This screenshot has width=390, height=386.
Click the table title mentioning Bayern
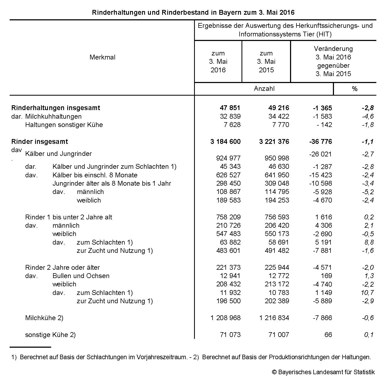coord(193,12)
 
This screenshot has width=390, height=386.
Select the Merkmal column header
coord(102,57)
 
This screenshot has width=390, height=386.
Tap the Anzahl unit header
coord(264,89)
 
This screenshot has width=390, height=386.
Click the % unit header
coord(355,89)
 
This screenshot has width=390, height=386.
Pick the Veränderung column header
coord(333,61)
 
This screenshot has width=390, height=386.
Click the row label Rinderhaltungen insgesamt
coord(55,108)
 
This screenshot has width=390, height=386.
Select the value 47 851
coord(230,108)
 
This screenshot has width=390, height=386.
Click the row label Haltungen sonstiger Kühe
coord(64,125)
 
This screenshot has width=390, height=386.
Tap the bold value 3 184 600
coord(225,142)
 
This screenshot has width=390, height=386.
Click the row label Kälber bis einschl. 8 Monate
coord(95,175)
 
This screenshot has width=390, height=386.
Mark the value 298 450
coord(228,183)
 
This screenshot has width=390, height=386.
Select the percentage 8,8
coord(369,242)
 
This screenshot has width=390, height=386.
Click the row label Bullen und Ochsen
coord(81,276)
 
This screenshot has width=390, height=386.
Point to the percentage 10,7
coord(367,293)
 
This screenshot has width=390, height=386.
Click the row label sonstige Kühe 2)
coord(50,335)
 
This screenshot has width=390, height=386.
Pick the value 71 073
coord(230,335)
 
